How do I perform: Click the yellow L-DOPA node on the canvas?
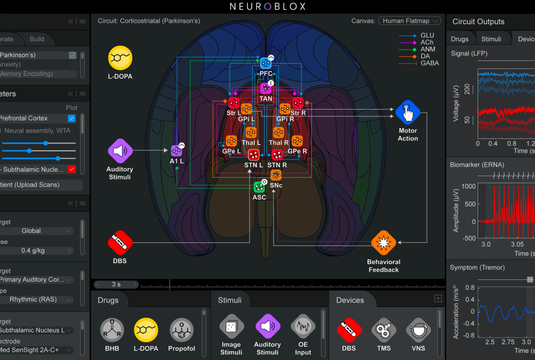point(120,58)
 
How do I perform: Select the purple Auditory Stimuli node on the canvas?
point(120,151)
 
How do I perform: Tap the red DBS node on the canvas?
point(120,242)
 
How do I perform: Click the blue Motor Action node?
point(408,113)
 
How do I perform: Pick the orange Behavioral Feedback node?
point(384,242)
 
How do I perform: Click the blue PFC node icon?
point(266,63)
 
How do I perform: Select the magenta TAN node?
point(266,88)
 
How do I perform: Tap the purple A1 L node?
point(176,150)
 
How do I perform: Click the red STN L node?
point(254,154)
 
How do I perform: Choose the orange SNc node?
point(276,175)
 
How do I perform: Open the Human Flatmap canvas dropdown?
point(409,21)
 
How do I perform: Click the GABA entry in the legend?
point(430,63)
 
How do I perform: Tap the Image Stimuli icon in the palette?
point(231,327)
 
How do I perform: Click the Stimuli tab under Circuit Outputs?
point(491,39)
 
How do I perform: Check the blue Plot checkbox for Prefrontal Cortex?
point(72,118)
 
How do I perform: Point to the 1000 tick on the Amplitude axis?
point(468,186)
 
